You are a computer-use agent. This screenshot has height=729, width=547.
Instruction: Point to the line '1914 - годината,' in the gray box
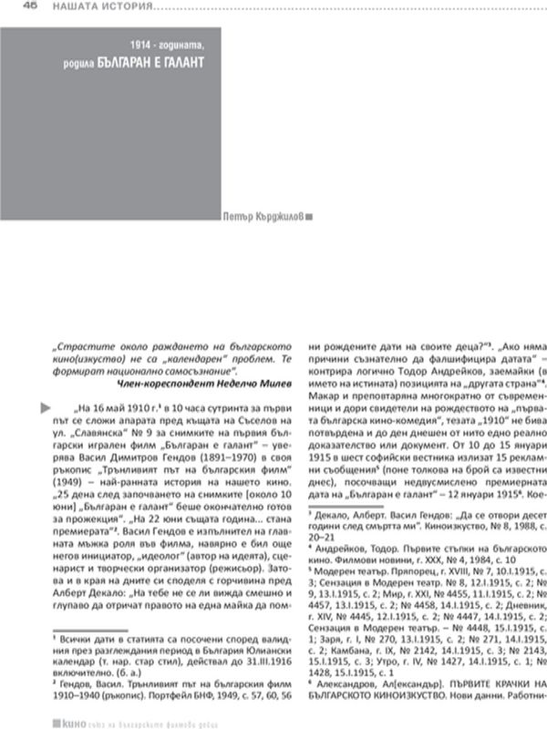tap(168, 45)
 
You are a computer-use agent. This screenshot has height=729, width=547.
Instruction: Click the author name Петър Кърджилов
tap(262, 217)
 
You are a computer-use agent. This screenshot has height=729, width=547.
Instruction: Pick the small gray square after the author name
tap(308, 217)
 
